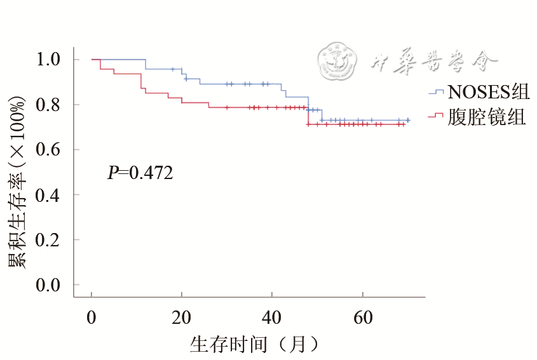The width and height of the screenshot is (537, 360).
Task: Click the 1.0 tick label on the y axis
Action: pyautogui.click(x=49, y=60)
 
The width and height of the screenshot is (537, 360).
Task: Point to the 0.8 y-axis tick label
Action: pyautogui.click(x=49, y=105)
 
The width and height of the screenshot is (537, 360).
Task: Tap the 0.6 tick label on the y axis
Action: pyautogui.click(x=49, y=150)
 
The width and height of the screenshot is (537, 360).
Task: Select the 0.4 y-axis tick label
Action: pyautogui.click(x=49, y=195)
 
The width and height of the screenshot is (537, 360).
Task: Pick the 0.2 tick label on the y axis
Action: pyautogui.click(x=49, y=240)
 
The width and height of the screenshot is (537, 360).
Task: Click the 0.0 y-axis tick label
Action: pyautogui.click(x=49, y=285)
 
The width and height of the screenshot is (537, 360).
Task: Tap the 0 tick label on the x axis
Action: pyautogui.click(x=92, y=317)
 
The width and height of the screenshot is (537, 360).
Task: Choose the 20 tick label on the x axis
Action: pyautogui.click(x=182, y=317)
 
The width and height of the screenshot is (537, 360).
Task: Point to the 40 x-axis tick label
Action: pyautogui.click(x=272, y=317)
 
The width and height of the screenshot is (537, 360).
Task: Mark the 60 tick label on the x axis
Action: pyautogui.click(x=362, y=317)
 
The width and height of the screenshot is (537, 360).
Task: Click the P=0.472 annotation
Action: pyautogui.click(x=140, y=172)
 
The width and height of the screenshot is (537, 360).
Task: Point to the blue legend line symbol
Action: pyautogui.click(x=435, y=93)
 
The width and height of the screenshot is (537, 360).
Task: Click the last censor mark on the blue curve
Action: pyautogui.click(x=407, y=120)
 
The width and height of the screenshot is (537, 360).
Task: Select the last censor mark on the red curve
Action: pyautogui.click(x=403, y=124)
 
